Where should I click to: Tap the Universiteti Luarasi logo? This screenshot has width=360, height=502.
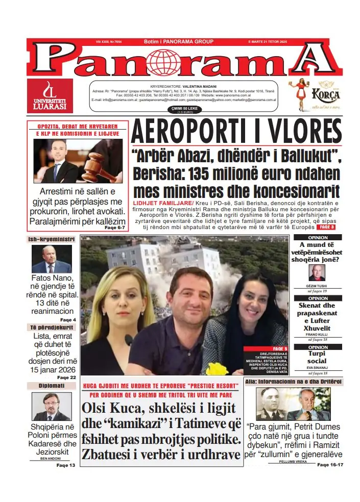tap(50, 96)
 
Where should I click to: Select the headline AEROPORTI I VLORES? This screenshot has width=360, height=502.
tap(236, 132)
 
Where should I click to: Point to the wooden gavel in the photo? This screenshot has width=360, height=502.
tap(95, 164)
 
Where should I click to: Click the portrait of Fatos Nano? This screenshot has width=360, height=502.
tap(52, 259)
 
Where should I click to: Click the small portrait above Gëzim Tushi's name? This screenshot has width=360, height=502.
tap(317, 272)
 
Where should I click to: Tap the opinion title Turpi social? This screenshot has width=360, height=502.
tap(317, 357)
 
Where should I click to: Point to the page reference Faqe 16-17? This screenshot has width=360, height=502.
tap(329, 465)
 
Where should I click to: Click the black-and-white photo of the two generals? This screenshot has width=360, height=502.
tap(293, 404)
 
